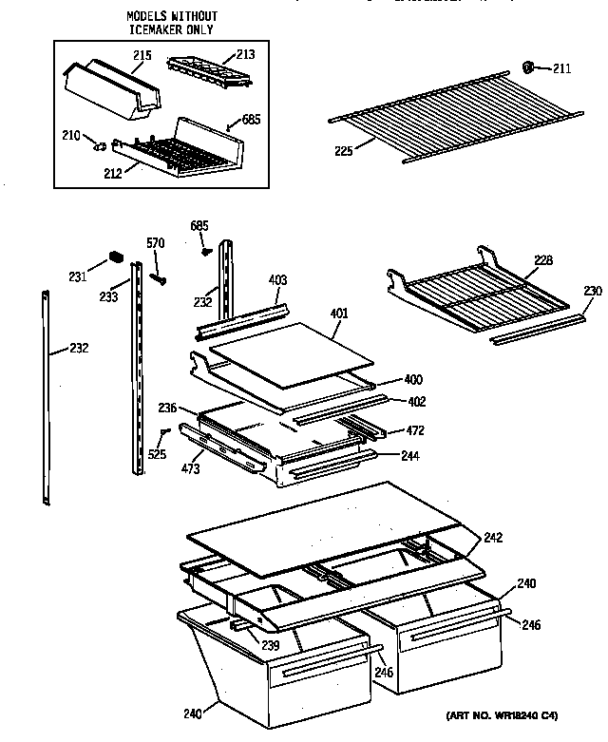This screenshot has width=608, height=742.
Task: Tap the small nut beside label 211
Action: [x=529, y=66]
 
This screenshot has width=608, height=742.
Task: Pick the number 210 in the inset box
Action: [x=72, y=135]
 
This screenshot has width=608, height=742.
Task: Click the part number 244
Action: [x=409, y=456]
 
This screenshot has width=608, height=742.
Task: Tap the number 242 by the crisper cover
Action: [x=492, y=538]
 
